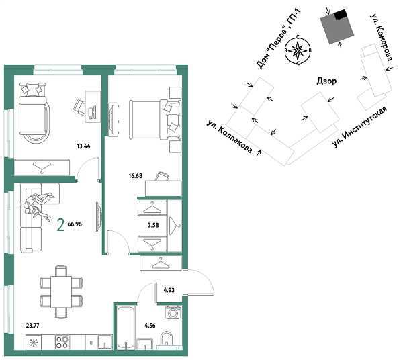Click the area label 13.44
tap(85, 144)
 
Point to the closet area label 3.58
tap(152, 225)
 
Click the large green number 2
tap(61, 225)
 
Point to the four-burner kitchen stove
tap(62, 343)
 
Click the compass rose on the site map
tap(298, 50)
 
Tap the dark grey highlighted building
tap(337, 27)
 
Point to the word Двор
tap(326, 81)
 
